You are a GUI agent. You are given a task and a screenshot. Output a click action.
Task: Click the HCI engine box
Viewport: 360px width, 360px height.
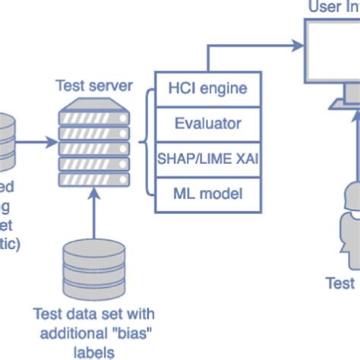[207, 88]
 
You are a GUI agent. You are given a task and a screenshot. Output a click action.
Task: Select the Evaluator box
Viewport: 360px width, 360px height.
[207, 123]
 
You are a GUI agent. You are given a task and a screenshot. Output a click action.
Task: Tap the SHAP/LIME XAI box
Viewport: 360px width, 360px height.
[207, 158]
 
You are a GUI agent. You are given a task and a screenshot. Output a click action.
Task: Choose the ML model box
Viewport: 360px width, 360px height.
[207, 193]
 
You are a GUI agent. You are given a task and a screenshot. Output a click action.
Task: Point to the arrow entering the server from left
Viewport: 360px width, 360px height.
[38, 141]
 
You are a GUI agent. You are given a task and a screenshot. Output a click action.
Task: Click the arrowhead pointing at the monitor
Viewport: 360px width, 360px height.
[298, 45]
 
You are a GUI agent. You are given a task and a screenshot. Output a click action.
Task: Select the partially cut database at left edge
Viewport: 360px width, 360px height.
[6, 141]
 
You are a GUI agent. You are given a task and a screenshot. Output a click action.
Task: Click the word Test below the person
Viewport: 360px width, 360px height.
[340, 283]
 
